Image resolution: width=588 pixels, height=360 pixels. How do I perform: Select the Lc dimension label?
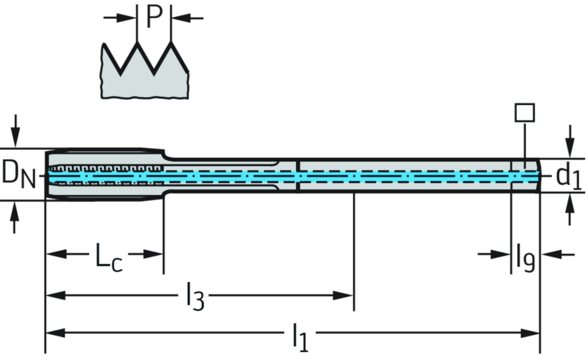(x=109, y=256)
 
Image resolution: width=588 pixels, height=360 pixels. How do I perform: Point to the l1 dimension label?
(x=299, y=335)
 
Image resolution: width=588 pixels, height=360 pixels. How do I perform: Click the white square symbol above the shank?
(x=524, y=112)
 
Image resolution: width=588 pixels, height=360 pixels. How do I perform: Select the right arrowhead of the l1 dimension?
(x=532, y=332)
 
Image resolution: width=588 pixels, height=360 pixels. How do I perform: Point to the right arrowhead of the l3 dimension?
(x=346, y=295)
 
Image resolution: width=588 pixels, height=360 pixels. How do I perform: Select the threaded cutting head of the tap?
(x=103, y=174)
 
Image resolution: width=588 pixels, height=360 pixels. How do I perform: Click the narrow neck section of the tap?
(x=224, y=173)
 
